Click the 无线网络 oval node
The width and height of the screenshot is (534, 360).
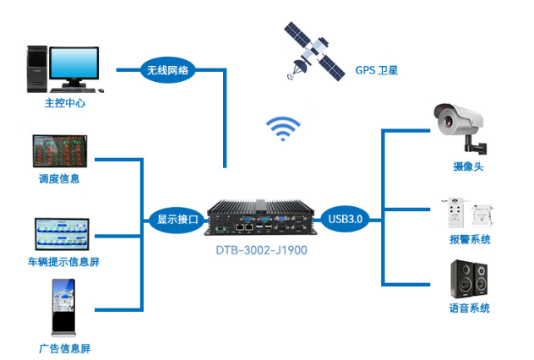(x=167, y=69)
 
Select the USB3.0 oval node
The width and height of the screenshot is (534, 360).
(x=344, y=219)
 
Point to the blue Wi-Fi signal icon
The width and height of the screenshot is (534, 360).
(x=284, y=129)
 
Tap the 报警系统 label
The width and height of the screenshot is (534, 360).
(x=470, y=240)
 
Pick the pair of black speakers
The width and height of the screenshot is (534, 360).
(x=469, y=280)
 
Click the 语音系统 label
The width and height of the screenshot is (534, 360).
(x=470, y=308)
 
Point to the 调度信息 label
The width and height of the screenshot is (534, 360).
(x=59, y=178)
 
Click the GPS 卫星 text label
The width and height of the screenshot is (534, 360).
(x=376, y=70)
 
